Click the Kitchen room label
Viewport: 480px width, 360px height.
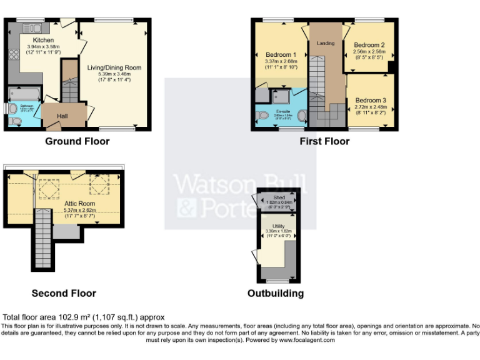pos(35,40)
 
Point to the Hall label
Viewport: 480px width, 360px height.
pos(62,116)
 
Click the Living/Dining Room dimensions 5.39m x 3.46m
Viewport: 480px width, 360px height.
pos(114,74)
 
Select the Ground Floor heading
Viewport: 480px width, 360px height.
pos(77,141)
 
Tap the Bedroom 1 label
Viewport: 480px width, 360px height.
pos(281,55)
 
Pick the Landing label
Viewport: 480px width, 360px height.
pos(326,43)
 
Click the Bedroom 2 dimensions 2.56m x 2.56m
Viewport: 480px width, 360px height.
pos(369,52)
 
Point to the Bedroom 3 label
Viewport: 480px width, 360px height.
pos(371,100)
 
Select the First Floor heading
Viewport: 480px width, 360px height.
pos(324,141)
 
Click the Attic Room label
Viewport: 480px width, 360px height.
pos(79,204)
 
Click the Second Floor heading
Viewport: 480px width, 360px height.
pos(64,293)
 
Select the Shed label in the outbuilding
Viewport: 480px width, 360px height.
pos(279,197)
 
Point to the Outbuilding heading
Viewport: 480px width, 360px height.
pos(276,293)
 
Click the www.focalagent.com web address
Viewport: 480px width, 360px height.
pos(307,340)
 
